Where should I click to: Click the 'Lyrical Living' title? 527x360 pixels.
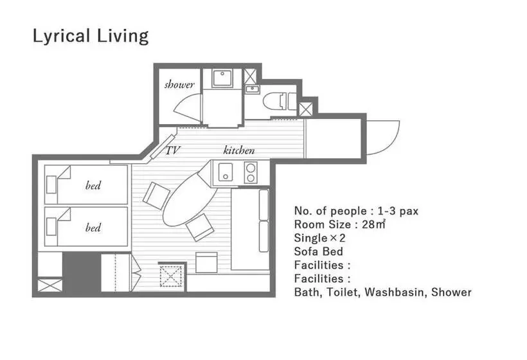(x=91, y=36)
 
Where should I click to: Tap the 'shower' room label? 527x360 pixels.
(x=179, y=84)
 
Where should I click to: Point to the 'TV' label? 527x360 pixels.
(x=173, y=150)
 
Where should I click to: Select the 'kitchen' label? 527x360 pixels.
(x=239, y=150)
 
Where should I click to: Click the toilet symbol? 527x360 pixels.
(x=280, y=100)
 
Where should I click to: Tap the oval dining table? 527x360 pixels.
(x=190, y=199)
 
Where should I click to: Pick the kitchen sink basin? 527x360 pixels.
(x=225, y=172)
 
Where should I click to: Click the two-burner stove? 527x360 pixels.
(x=251, y=172)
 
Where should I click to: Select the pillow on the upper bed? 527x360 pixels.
(x=51, y=184)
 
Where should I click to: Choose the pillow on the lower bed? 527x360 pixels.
(x=51, y=226)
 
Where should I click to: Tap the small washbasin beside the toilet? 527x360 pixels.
(x=252, y=89)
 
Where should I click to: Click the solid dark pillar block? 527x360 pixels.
(x=82, y=272)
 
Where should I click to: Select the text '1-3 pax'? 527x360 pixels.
(x=398, y=211)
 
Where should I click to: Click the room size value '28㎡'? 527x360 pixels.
(x=373, y=224)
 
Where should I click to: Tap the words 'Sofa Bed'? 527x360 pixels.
(x=319, y=251)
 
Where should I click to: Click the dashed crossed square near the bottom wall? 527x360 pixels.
(x=171, y=276)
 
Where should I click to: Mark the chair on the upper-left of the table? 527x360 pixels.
(x=156, y=195)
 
